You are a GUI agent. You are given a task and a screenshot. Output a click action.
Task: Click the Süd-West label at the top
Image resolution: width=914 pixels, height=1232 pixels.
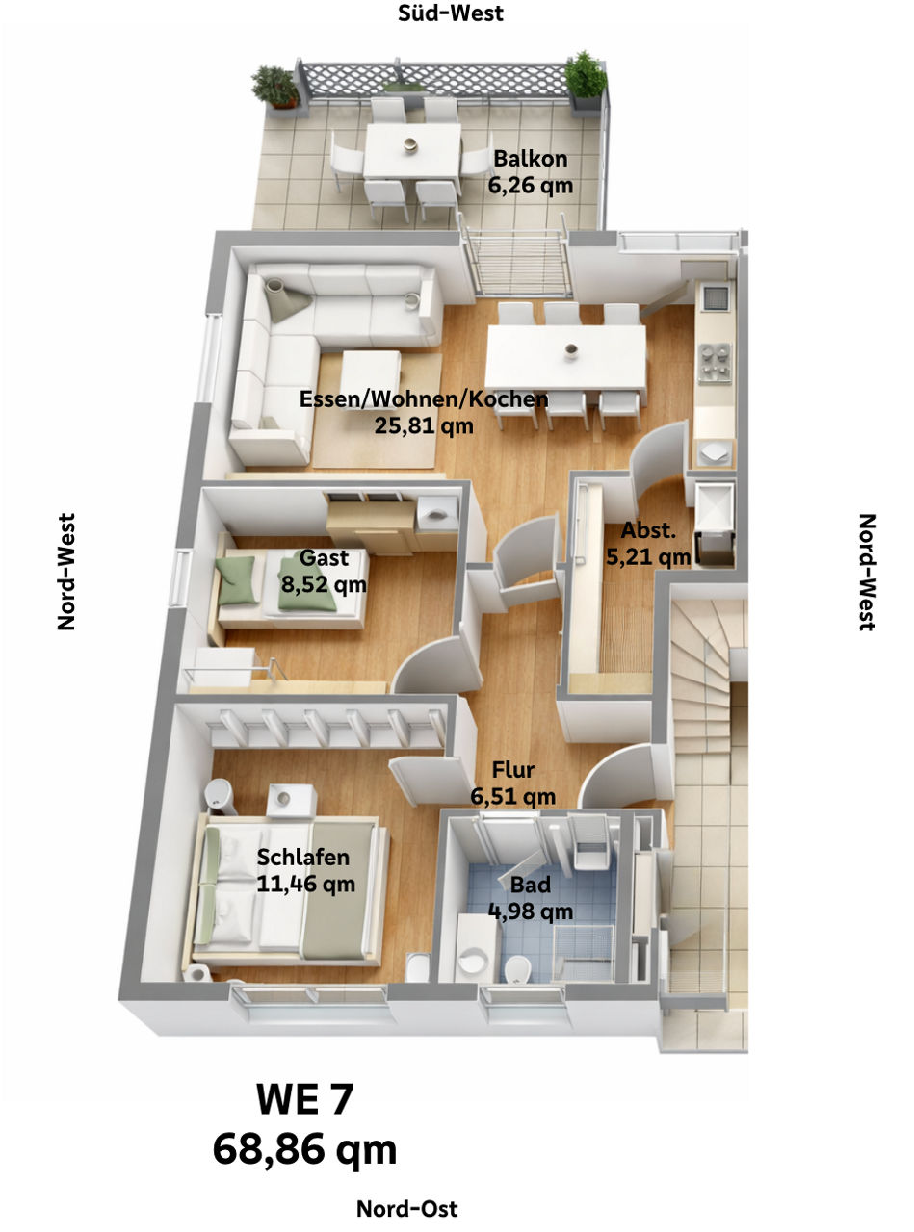click(451, 13)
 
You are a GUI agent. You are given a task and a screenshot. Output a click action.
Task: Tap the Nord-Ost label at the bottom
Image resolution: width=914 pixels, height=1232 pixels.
click(406, 1208)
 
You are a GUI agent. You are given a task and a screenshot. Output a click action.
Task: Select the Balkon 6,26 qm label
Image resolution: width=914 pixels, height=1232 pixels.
click(531, 171)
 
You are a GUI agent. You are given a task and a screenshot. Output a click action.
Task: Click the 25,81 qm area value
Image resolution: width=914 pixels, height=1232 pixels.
click(424, 424)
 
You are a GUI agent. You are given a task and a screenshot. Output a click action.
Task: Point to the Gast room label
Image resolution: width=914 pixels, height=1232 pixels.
click(324, 558)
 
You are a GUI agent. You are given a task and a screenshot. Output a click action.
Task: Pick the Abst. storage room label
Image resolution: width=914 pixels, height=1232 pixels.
click(647, 530)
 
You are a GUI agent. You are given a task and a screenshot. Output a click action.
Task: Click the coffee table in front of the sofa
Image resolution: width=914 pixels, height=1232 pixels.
click(371, 370)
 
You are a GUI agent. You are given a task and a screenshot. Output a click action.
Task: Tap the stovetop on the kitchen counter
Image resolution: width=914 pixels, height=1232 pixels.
click(714, 362)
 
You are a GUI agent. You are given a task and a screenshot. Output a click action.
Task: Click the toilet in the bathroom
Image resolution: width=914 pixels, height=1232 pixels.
click(518, 964)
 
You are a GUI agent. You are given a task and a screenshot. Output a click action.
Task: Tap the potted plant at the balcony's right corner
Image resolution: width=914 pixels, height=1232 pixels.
click(586, 75)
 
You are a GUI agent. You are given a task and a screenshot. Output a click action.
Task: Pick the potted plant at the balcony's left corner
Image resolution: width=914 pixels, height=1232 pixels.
click(276, 86)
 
